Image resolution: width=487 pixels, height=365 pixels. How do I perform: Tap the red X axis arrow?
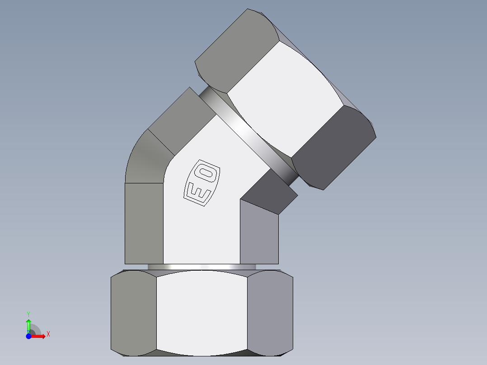pyautogui.click(x=40, y=336)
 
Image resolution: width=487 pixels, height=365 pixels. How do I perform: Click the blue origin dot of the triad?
pyautogui.click(x=28, y=336)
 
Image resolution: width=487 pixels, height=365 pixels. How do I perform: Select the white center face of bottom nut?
pyautogui.click(x=201, y=312)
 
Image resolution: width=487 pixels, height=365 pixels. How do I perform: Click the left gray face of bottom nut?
pyautogui.click(x=134, y=312)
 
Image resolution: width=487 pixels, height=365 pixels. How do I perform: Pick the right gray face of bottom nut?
pyautogui.click(x=270, y=312)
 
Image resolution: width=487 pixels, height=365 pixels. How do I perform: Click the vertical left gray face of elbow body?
pyautogui.click(x=144, y=224)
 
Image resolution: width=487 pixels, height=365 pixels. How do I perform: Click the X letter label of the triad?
pyautogui.click(x=48, y=334)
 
